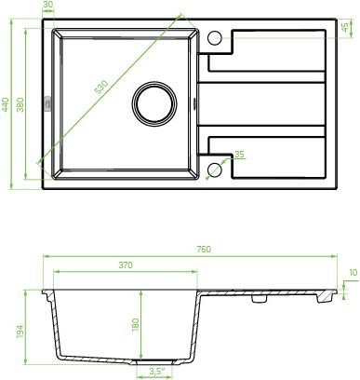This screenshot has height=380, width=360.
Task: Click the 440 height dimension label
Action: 6,105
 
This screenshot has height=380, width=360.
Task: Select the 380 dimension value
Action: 20,105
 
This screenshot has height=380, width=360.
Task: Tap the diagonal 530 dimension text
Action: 101,88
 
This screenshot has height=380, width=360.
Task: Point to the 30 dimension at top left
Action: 48,5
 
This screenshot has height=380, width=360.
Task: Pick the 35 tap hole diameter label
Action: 239,154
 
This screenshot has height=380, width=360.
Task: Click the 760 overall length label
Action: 204,249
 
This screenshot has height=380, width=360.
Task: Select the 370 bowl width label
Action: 126,265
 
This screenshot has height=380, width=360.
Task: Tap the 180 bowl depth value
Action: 136,325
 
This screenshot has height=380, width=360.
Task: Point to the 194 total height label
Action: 20,332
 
